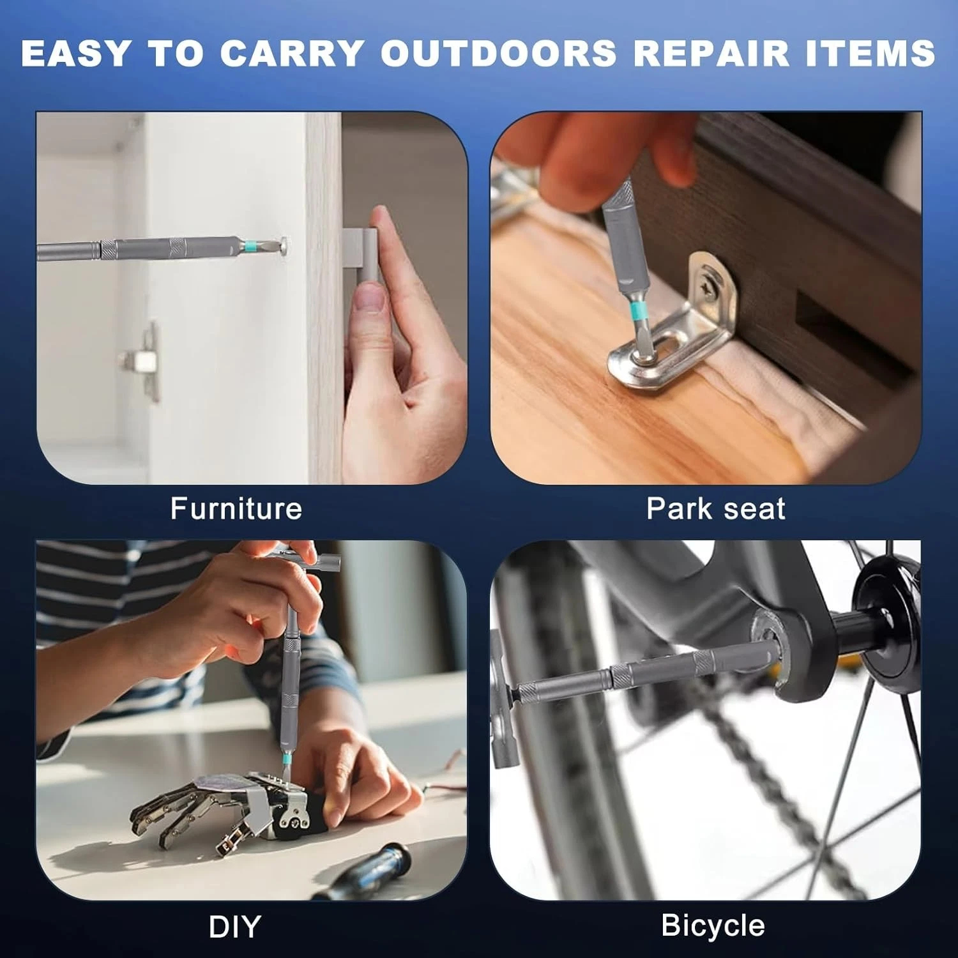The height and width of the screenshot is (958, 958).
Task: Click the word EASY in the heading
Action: [76, 54]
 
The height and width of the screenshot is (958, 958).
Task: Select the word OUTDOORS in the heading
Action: [498, 54]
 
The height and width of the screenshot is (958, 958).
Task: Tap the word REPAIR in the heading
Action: [711, 54]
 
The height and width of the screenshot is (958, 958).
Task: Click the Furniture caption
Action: [236, 509]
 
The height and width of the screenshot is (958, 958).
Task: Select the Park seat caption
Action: [715, 509]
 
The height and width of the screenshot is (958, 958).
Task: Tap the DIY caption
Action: [234, 927]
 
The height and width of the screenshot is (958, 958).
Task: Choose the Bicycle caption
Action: [713, 925]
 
